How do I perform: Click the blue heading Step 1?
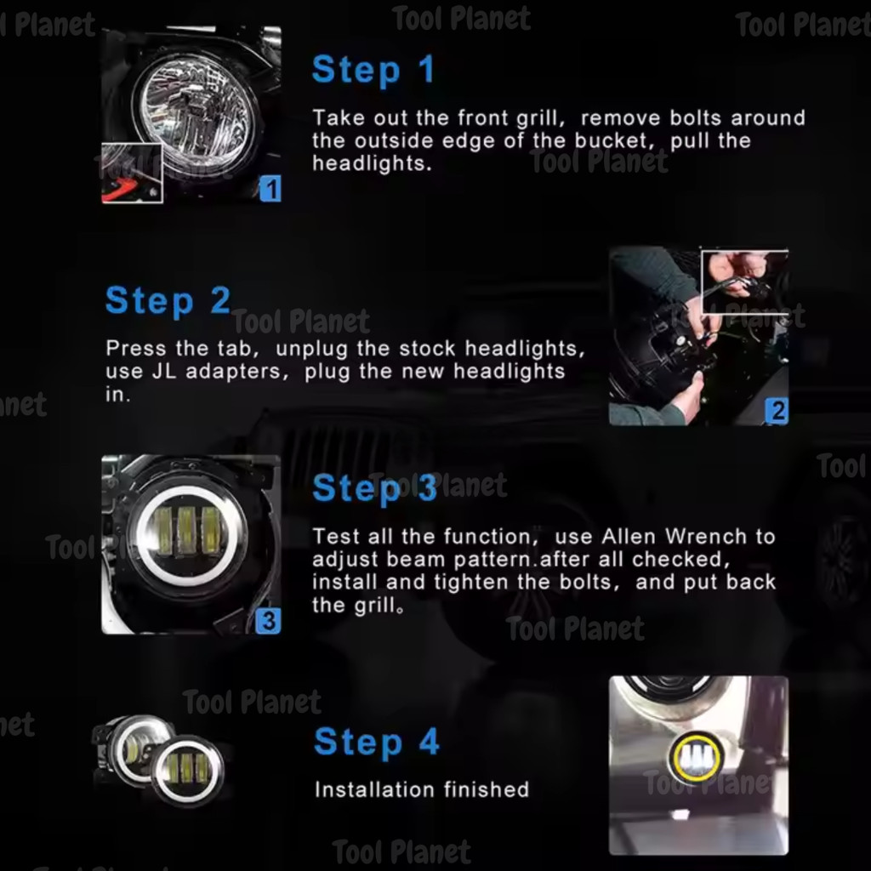[x=373, y=70]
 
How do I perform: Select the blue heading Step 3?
[x=375, y=488]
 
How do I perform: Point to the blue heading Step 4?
[x=377, y=742]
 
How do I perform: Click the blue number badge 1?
[x=270, y=189]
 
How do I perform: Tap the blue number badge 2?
[x=777, y=411]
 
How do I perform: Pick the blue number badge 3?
[x=268, y=620]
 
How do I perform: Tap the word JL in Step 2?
[x=164, y=371]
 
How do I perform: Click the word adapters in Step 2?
[x=237, y=372]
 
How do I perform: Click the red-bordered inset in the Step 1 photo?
[x=132, y=173]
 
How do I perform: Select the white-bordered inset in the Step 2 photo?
[x=744, y=282]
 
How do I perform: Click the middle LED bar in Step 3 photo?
[x=186, y=532]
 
